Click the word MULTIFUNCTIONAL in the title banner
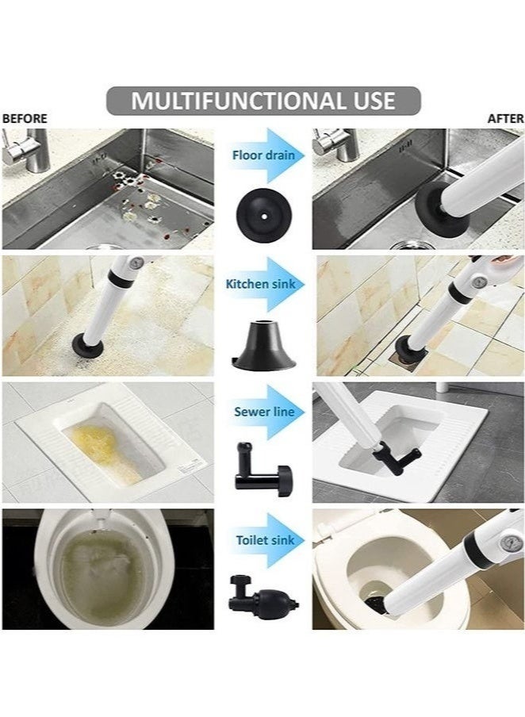(x=229, y=101)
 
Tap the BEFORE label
(x=25, y=118)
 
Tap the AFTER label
(x=505, y=118)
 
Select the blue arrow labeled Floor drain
(x=263, y=155)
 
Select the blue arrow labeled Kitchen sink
(x=263, y=283)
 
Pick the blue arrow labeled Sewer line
(x=263, y=412)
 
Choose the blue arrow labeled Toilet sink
(x=263, y=540)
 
